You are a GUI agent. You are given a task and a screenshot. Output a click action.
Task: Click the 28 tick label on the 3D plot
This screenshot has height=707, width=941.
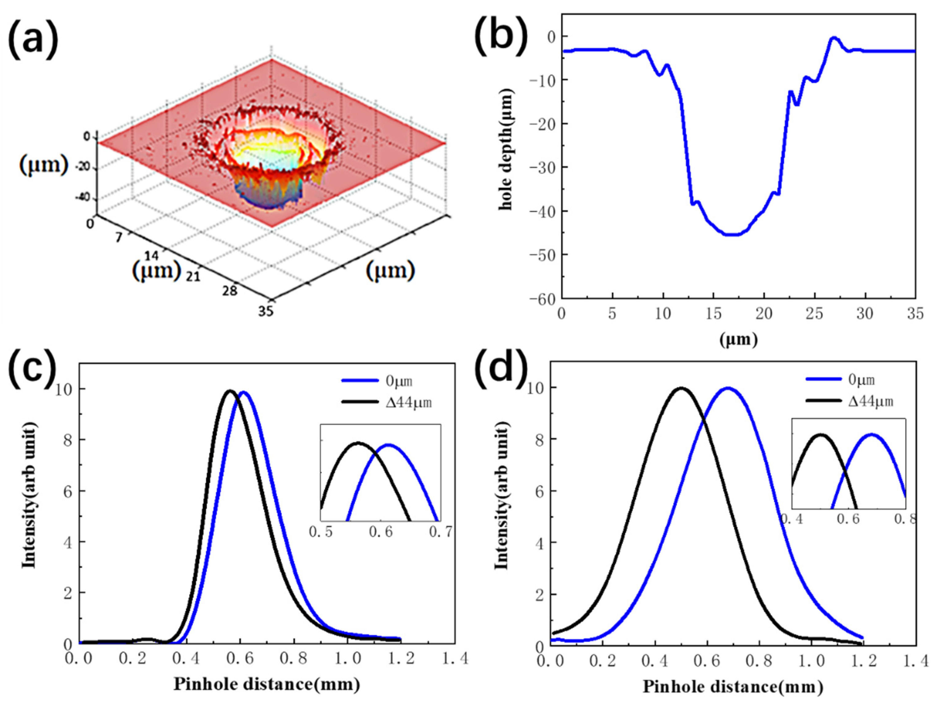pyautogui.click(x=230, y=291)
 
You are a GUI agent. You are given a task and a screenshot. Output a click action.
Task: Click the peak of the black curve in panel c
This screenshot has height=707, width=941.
pyautogui.click(x=231, y=391)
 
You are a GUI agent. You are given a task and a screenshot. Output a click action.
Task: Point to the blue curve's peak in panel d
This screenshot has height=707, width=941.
pyautogui.click(x=728, y=388)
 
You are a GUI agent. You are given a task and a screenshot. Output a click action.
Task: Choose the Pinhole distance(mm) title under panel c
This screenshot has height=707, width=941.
pyautogui.click(x=267, y=684)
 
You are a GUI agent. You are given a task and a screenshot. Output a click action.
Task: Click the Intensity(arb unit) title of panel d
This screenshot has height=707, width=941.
pyautogui.click(x=502, y=497)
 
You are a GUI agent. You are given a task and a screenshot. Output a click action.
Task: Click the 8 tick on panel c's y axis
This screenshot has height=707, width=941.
pyautogui.click(x=68, y=440)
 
